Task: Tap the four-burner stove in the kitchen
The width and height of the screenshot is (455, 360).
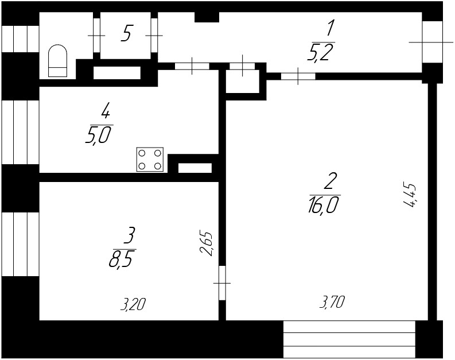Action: [150, 160]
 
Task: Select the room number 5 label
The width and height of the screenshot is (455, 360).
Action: [126, 34]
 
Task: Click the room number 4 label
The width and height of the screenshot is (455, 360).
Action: [105, 110]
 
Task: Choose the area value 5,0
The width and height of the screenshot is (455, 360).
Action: [98, 136]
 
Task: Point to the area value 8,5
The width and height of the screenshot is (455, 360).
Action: [122, 260]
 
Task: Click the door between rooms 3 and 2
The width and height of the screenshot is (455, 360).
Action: [223, 282]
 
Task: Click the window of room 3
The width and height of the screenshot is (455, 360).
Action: [20, 243]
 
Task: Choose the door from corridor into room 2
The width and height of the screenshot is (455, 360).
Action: [298, 76]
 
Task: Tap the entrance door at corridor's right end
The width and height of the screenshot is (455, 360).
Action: [432, 42]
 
